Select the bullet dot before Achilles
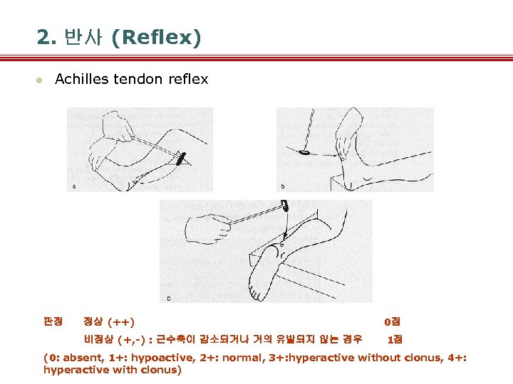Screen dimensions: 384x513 tap(41, 80)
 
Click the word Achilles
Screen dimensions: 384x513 tap(82, 79)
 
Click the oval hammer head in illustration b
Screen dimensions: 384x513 tap(304, 151)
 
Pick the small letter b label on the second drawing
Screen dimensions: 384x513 tap(283, 186)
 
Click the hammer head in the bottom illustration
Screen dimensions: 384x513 tap(286, 207)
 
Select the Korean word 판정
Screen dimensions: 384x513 tap(53, 322)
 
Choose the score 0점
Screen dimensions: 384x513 tap(391, 322)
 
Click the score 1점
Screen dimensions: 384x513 tap(394, 339)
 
